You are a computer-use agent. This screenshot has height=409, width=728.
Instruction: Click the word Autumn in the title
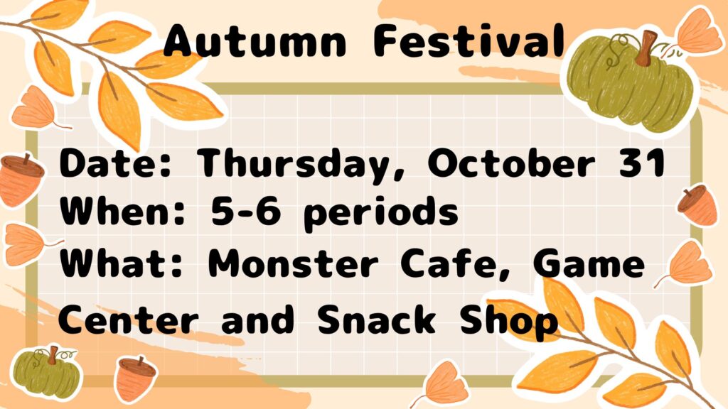[255, 40]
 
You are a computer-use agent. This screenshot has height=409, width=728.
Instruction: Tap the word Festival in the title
[469, 40]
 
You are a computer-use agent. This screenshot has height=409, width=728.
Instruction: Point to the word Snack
[377, 320]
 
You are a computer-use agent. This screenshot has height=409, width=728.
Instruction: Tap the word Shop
[508, 322]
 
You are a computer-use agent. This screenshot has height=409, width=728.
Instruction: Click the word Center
[128, 320]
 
